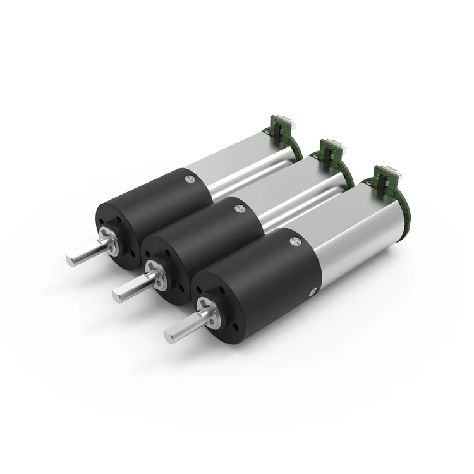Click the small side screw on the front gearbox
click(x=312, y=291)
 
